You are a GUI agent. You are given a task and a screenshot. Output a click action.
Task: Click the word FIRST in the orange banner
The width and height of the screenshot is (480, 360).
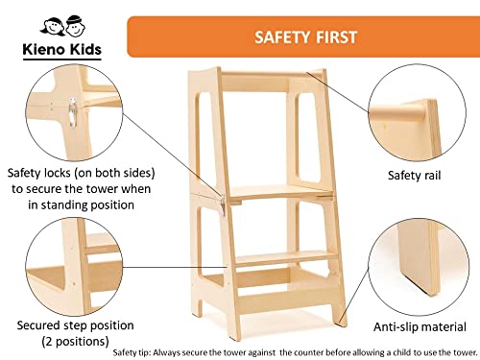click(x=336, y=37)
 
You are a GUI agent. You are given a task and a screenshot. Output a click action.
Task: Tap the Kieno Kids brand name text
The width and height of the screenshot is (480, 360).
click(x=62, y=49)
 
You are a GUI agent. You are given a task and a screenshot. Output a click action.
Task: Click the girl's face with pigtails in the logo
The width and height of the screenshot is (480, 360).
click(x=52, y=27)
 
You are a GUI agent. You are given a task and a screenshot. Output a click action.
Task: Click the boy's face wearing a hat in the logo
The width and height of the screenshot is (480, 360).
click(x=75, y=26)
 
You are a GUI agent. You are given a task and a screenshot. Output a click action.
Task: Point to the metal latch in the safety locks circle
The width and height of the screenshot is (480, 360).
click(x=73, y=112)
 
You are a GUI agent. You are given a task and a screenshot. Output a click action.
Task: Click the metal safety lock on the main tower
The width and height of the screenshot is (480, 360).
click(x=223, y=204)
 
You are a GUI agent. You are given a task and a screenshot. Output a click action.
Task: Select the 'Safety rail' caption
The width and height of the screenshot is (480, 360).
click(x=415, y=176)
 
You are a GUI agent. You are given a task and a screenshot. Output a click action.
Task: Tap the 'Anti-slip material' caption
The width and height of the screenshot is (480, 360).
click(x=420, y=326)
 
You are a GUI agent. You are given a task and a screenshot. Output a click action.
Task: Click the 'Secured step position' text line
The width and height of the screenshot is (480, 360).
click(x=75, y=325)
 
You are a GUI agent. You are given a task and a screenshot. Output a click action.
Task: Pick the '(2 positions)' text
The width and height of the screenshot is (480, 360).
click(x=76, y=341)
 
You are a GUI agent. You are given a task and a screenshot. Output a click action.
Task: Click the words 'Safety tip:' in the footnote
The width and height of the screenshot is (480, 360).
click(x=132, y=352)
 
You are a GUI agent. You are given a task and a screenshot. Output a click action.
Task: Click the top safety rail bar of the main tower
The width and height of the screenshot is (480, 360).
click(x=271, y=74)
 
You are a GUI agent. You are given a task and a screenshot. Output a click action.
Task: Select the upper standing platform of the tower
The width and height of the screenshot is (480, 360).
click(x=278, y=193)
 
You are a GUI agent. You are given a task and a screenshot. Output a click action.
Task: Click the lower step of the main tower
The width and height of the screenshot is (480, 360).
click(x=286, y=258)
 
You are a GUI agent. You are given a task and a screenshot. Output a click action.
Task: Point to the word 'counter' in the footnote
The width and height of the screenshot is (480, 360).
click(x=307, y=352)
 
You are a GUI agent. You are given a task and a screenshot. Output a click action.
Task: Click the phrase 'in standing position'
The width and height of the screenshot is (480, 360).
click(x=81, y=204)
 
